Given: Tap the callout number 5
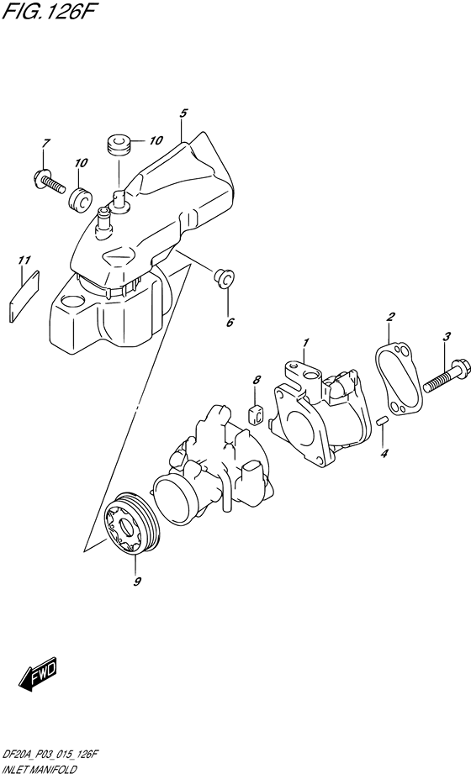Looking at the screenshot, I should (183, 113).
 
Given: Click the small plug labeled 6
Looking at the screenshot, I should (224, 277).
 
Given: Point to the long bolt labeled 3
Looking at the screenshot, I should (437, 378).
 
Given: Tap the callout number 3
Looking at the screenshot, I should (446, 337).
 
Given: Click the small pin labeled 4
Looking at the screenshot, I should (383, 422).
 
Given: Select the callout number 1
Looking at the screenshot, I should (306, 342).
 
